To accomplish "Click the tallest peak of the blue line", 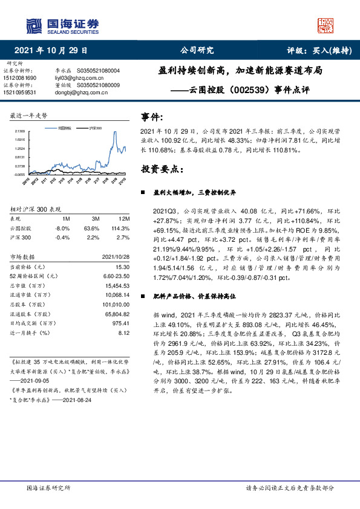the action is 115,132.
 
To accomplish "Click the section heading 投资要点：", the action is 163,169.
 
